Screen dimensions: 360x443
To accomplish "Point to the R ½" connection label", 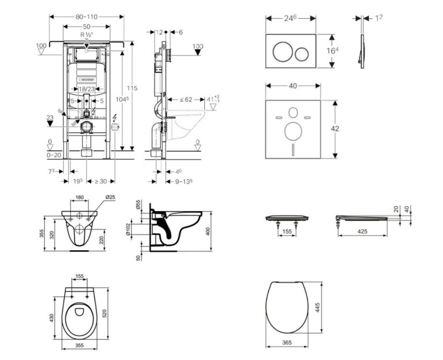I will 86,34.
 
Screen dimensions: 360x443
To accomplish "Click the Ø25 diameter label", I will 110,198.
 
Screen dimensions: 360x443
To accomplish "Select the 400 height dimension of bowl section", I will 208,230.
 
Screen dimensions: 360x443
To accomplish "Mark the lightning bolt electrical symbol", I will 115,119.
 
